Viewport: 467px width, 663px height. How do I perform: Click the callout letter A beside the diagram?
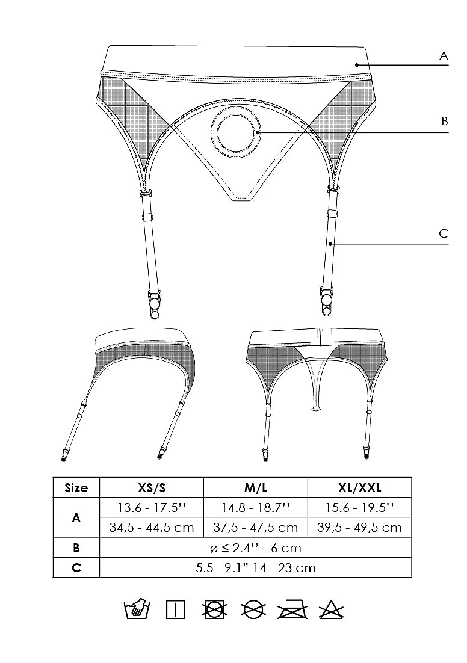pyautogui.click(x=444, y=56)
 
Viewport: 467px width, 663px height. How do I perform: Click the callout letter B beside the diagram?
pyautogui.click(x=444, y=121)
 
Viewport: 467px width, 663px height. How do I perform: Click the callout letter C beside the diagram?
pyautogui.click(x=444, y=233)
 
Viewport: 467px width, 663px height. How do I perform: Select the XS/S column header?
pyautogui.click(x=151, y=487)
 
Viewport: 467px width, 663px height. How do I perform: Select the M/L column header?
pyautogui.click(x=255, y=487)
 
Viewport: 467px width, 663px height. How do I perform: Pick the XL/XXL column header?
pyautogui.click(x=359, y=487)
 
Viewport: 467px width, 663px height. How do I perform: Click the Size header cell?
pyautogui.click(x=76, y=487)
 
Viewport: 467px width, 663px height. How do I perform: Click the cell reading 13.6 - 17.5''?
pyautogui.click(x=151, y=507)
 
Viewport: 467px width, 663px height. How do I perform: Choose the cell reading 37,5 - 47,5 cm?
pyautogui.click(x=255, y=528)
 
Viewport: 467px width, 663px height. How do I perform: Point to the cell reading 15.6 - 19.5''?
pyautogui.click(x=359, y=507)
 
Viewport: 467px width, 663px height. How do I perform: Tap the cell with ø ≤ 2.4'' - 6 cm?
pyautogui.click(x=255, y=547)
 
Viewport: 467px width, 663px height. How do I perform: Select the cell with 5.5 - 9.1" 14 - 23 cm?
pyautogui.click(x=255, y=567)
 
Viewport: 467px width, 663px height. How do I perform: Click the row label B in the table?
pyautogui.click(x=76, y=547)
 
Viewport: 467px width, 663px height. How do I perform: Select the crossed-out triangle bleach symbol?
pyautogui.click(x=330, y=610)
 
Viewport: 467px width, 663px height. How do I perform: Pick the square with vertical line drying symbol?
pyautogui.click(x=176, y=610)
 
